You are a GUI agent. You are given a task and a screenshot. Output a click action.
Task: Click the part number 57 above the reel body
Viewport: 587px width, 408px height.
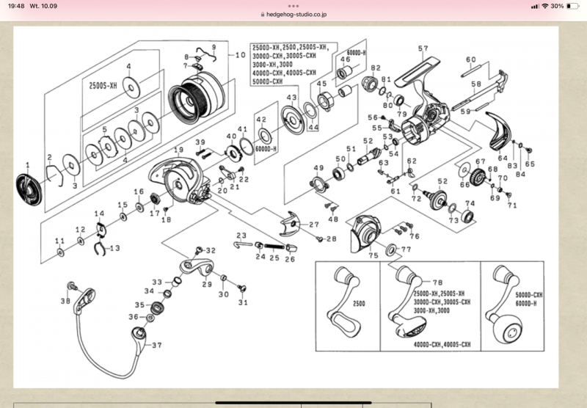(423, 49)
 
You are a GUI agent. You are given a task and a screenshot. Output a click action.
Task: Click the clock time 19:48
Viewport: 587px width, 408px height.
(18, 6)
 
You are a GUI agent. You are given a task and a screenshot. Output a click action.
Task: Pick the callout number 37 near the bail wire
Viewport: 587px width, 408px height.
(156, 344)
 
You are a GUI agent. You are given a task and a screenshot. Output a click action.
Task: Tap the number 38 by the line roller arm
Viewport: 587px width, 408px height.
(65, 301)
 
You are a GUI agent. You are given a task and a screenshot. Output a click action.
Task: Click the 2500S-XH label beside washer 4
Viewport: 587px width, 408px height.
(103, 84)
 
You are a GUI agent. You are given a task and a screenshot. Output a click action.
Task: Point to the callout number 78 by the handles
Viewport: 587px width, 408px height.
(440, 282)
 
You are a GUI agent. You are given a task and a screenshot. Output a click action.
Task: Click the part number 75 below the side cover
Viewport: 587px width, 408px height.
(373, 255)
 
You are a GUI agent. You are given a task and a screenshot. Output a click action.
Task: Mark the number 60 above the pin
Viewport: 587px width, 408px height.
(470, 60)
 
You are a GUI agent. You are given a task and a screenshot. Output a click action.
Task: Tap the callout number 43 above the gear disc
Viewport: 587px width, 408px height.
(291, 98)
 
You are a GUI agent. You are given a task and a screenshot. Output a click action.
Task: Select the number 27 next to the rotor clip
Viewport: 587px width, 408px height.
(314, 225)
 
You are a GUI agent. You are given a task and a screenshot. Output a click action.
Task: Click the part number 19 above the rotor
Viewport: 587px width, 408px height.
(178, 150)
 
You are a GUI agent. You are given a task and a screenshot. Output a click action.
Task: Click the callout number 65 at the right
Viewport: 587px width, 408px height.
(531, 164)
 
